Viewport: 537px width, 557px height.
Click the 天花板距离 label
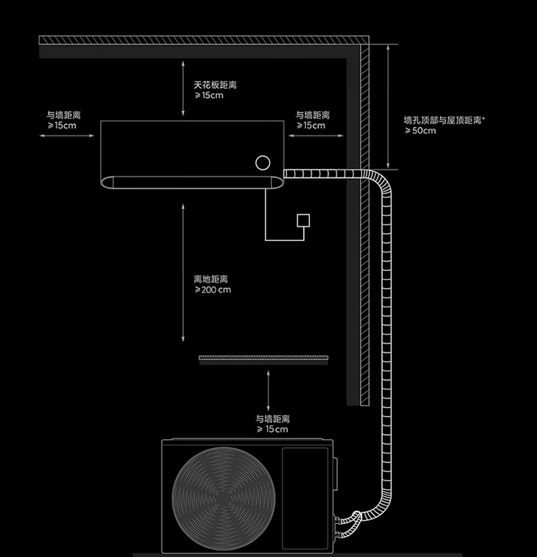coord(215,85)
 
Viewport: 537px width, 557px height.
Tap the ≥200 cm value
coord(213,290)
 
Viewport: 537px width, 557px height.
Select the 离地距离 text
coord(211,279)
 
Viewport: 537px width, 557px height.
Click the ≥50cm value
coord(420,131)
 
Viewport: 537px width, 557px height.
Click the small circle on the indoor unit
coord(263,163)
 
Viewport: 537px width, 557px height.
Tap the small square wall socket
coord(304,220)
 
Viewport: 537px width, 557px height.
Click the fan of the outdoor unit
coord(223,499)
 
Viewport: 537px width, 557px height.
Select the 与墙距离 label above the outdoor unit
coord(273,419)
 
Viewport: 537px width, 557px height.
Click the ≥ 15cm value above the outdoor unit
coord(273,430)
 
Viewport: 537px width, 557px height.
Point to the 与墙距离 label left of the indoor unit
coord(63,114)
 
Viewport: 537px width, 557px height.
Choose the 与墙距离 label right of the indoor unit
coord(313,114)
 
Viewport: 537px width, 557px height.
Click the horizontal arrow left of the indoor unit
coord(67,135)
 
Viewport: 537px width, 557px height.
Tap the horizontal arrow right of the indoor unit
coord(316,135)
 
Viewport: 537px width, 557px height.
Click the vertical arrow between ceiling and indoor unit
coord(183,89)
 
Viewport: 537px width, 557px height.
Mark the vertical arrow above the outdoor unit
coord(268,391)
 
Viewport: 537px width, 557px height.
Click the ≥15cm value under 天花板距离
coord(209,96)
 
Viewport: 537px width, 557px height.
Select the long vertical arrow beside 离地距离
coord(183,273)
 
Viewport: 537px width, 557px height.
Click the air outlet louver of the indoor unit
coord(192,182)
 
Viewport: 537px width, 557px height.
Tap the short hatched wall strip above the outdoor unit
coord(263,358)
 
